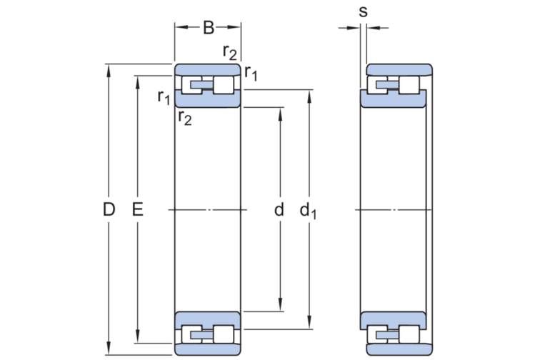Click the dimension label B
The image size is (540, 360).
(x=209, y=28)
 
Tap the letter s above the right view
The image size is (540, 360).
(x=363, y=11)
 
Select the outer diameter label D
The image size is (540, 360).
(x=109, y=209)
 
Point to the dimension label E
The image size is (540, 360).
(x=138, y=209)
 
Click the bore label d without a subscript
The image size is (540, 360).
(x=279, y=209)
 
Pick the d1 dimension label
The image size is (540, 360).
(x=308, y=211)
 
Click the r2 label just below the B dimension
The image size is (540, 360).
(x=230, y=52)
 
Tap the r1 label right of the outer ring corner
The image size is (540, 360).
(x=251, y=73)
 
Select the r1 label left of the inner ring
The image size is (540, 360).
(x=164, y=97)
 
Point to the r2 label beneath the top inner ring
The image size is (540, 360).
(x=185, y=118)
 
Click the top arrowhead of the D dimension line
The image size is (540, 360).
(x=109, y=70)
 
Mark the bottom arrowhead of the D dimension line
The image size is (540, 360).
(x=109, y=349)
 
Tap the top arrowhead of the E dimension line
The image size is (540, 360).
(x=138, y=81)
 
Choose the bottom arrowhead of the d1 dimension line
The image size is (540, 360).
(x=309, y=323)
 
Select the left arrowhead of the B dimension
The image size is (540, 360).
(x=181, y=27)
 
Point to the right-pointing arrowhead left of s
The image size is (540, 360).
(x=354, y=28)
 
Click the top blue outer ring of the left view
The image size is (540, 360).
(x=208, y=69)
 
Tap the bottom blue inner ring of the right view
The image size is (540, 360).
(x=393, y=321)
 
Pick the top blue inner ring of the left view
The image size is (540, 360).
(x=208, y=99)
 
